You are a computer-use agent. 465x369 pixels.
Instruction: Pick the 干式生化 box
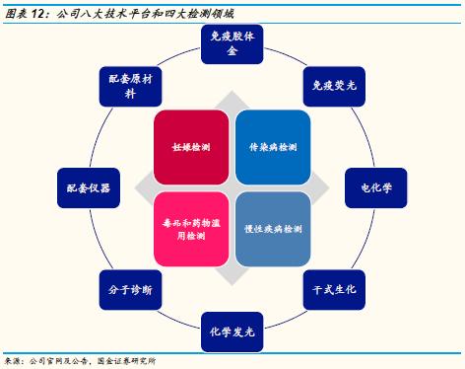point(328,289)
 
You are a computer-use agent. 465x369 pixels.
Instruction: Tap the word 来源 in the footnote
point(13,361)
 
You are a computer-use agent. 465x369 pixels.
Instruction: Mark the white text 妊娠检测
point(188,147)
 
